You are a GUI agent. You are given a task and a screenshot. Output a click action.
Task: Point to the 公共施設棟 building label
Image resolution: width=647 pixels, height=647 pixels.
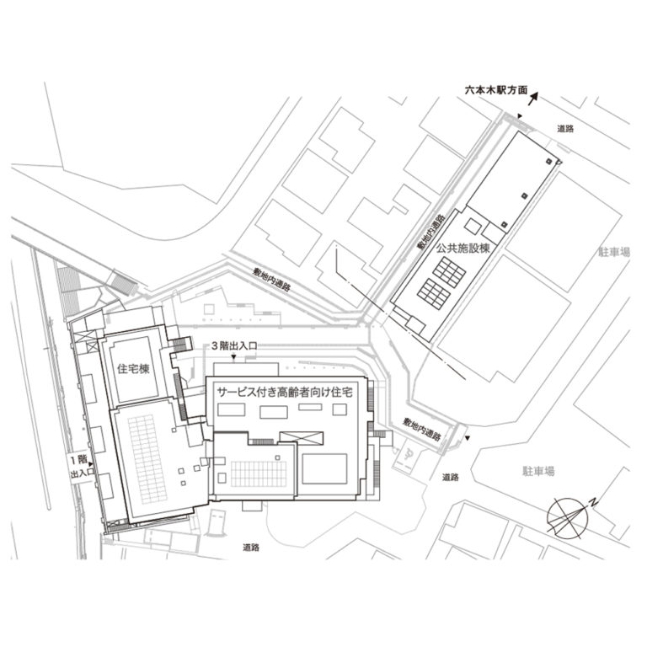pos(463,249)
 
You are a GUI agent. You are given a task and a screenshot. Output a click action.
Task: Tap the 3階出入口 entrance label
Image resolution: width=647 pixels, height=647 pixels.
pos(233,345)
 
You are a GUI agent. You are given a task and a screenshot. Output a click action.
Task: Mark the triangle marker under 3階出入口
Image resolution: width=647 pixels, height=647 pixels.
pos(233,356)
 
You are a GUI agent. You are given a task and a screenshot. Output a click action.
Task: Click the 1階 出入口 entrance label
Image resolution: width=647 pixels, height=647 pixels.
pos(79,467)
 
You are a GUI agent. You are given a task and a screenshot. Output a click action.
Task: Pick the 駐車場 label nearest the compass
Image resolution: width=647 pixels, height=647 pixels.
pos(537,472)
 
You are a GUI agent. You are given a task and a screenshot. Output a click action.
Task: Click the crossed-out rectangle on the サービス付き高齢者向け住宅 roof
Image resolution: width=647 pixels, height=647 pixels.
pos(302,435)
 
